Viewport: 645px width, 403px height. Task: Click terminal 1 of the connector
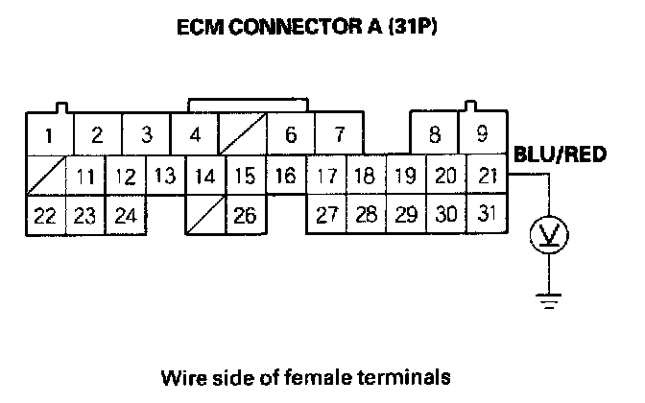[48, 134]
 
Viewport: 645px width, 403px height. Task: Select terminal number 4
[195, 134]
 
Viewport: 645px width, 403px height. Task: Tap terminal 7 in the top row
[338, 134]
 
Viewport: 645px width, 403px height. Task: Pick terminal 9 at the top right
[485, 134]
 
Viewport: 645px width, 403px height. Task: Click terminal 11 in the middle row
[85, 177]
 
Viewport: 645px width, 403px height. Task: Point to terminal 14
[203, 177]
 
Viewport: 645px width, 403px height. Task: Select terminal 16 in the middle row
[284, 177]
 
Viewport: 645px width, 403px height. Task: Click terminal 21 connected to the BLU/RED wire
[487, 177]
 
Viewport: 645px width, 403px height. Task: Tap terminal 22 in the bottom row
[44, 216]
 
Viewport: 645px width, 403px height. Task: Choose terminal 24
[125, 216]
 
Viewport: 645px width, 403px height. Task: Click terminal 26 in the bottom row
[245, 216]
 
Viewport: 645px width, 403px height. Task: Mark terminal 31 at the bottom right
[487, 214]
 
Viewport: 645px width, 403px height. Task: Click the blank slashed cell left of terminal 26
[204, 216]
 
